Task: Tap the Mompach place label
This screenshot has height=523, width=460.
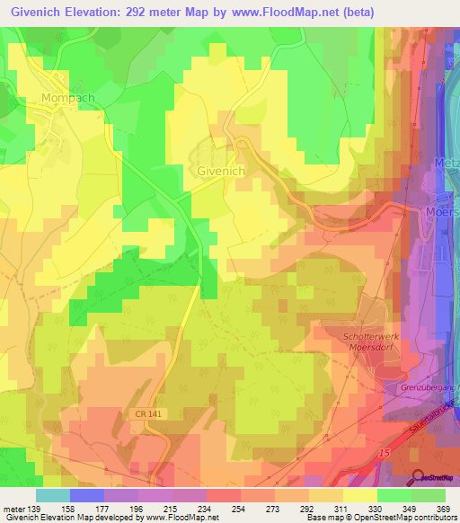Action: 67,97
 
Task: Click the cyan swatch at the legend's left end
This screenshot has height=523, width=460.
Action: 52,495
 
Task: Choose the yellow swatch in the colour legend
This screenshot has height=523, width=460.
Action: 360,495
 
